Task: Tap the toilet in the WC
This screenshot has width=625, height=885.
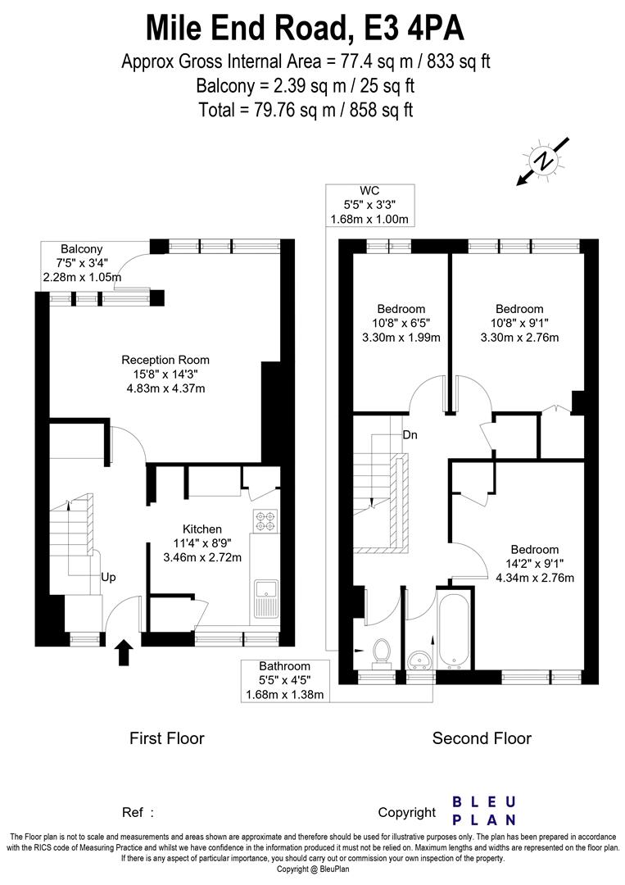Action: point(381,651)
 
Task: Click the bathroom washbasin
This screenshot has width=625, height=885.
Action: point(421,660)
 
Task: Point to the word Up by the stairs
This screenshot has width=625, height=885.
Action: point(108,577)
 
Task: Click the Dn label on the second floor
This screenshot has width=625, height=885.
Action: point(410,435)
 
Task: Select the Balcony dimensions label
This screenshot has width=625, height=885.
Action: point(82,263)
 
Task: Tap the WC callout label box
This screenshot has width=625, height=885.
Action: point(371,205)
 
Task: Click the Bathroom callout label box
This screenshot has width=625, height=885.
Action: point(285,681)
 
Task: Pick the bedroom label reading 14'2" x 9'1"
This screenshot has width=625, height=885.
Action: point(534,564)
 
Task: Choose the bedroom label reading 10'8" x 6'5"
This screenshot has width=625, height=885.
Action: point(401,323)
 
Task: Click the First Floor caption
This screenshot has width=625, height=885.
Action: point(167,738)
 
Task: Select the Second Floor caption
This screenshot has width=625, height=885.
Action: point(482,738)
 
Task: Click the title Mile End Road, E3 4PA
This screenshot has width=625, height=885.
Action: point(306,28)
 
